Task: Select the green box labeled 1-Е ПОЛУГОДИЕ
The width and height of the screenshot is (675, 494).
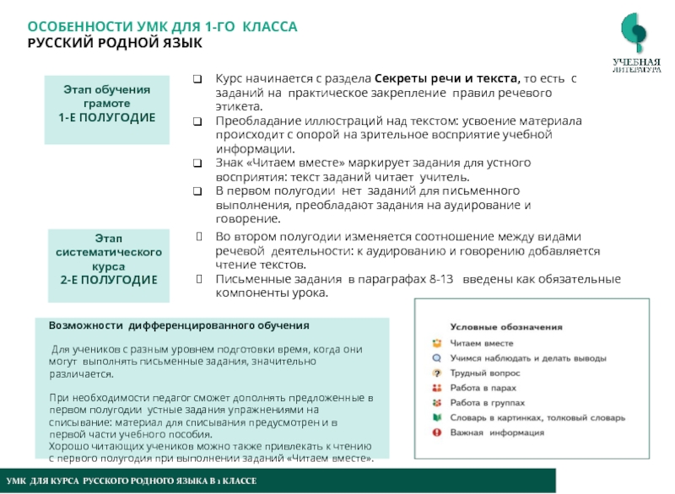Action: (x=107, y=104)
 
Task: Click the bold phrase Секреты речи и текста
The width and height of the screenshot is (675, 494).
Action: (x=445, y=78)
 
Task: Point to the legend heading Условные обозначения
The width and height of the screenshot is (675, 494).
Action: (x=506, y=325)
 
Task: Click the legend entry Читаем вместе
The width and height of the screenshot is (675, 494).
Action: (x=482, y=343)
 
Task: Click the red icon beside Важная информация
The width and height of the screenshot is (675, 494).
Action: (x=436, y=432)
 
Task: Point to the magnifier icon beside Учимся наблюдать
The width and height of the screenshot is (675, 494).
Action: (x=436, y=357)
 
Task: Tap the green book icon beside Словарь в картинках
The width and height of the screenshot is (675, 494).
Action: (x=436, y=417)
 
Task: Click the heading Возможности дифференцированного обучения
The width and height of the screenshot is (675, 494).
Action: (x=179, y=325)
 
